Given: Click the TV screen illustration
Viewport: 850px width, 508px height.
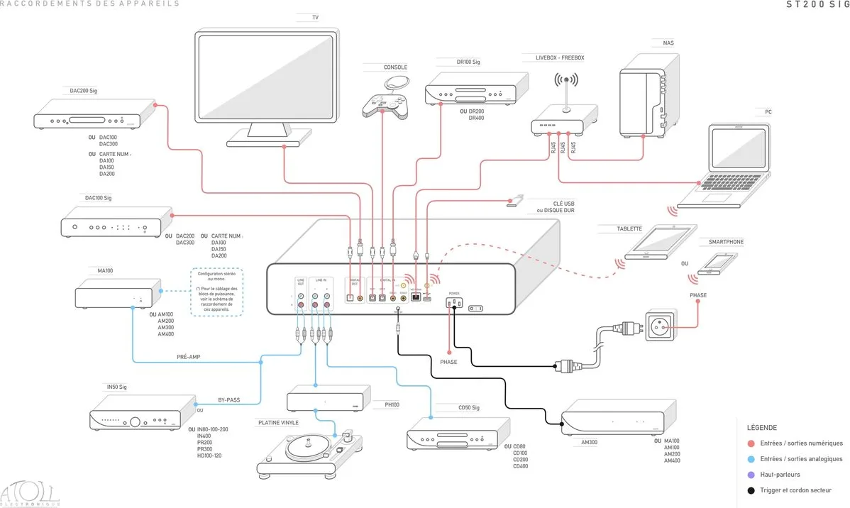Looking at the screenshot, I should [x=267, y=79].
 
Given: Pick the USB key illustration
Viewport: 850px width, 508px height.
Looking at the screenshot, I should [x=516, y=202].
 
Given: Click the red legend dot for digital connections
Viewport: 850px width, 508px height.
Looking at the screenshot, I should [x=751, y=443].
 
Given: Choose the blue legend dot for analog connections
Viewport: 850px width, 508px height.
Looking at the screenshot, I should [x=751, y=459].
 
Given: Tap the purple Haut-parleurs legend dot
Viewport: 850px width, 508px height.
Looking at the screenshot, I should [x=751, y=475].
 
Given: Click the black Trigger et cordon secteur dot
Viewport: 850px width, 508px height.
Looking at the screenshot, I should [x=751, y=490].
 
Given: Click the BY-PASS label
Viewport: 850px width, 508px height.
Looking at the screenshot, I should [x=228, y=400].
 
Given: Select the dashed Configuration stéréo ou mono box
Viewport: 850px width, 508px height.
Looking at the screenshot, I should [x=217, y=292].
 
